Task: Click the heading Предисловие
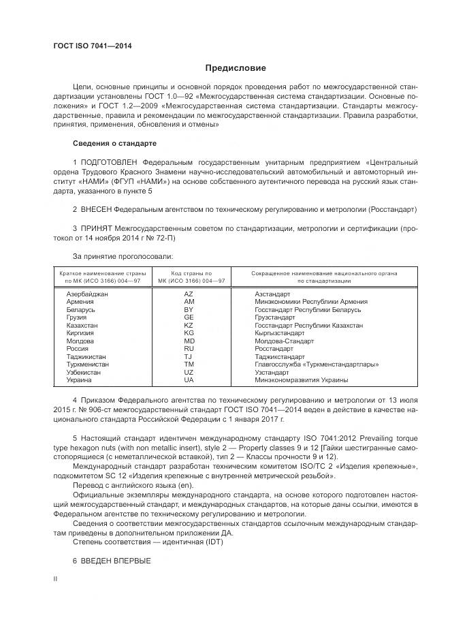point(236,68)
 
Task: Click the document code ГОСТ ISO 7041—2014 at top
point(92,46)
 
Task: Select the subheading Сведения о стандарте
point(114,144)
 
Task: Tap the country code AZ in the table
point(189,293)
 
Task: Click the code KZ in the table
point(189,325)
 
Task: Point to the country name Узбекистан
point(83,372)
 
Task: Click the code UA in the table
point(189,379)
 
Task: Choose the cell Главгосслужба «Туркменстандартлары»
point(317,364)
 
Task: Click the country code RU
point(189,348)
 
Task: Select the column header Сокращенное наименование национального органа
point(324,273)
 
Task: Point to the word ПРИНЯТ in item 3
point(96,230)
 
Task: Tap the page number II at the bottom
point(56,578)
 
